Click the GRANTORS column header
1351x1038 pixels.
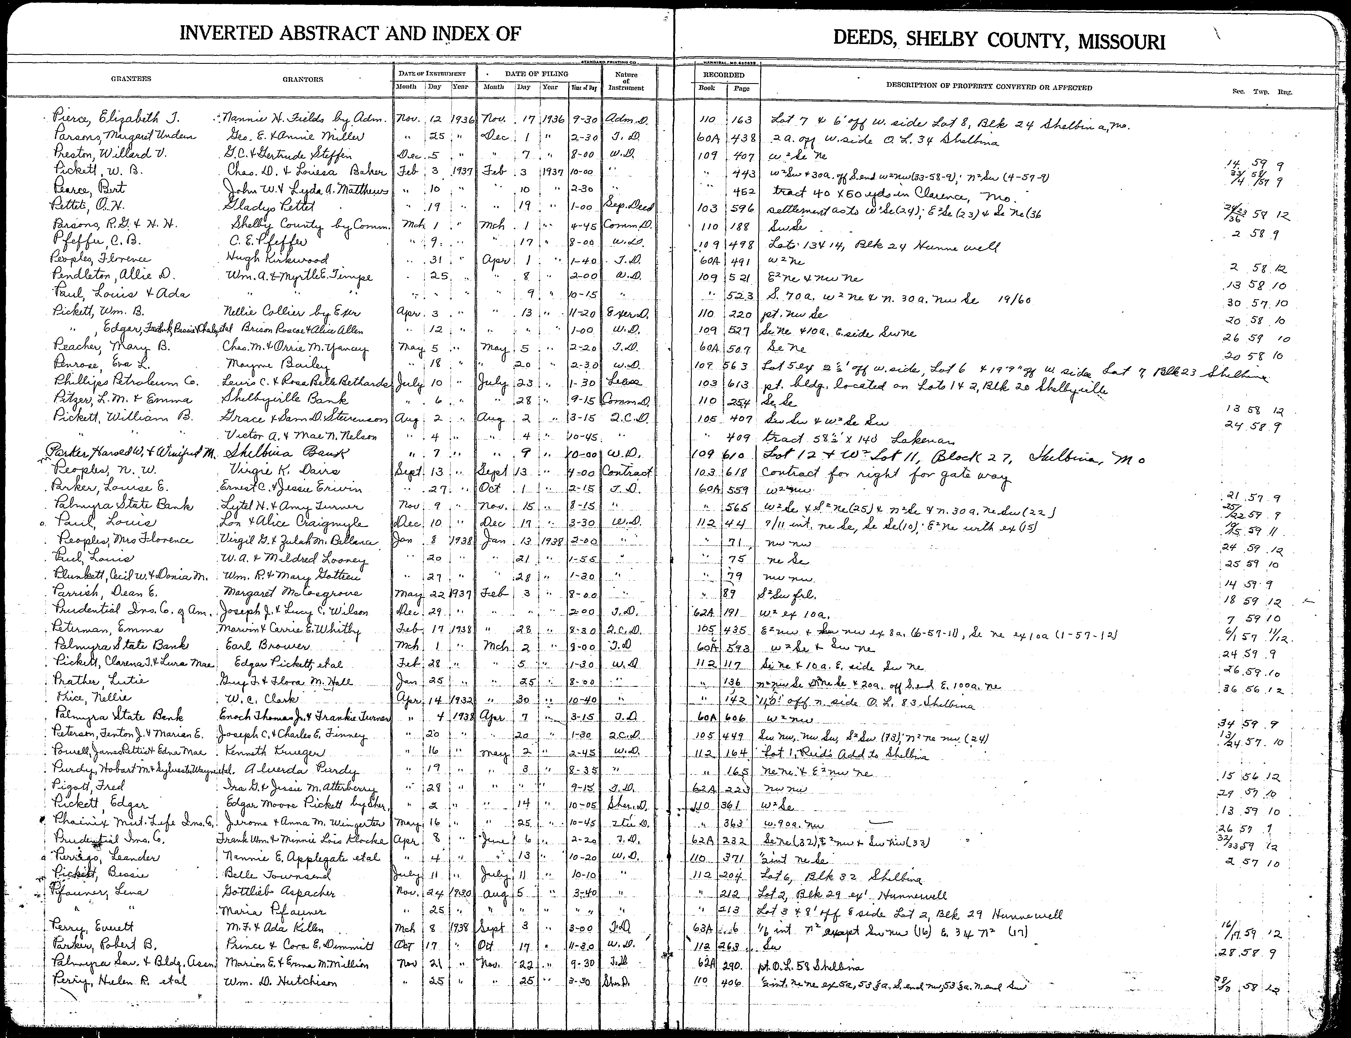pos(303,79)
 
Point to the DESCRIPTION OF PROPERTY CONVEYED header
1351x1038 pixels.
pos(989,87)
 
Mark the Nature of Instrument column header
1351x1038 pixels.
pos(626,81)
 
